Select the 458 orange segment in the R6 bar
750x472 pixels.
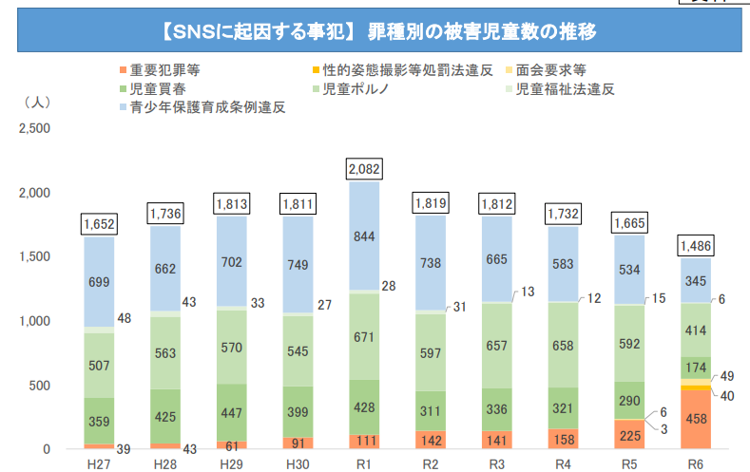point(696,419)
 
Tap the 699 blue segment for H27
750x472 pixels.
point(99,282)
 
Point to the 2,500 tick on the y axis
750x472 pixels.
point(33,127)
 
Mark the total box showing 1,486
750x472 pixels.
point(696,246)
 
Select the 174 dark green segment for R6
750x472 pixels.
point(696,368)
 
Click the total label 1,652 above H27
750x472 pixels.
point(99,224)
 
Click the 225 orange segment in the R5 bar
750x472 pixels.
point(629,434)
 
